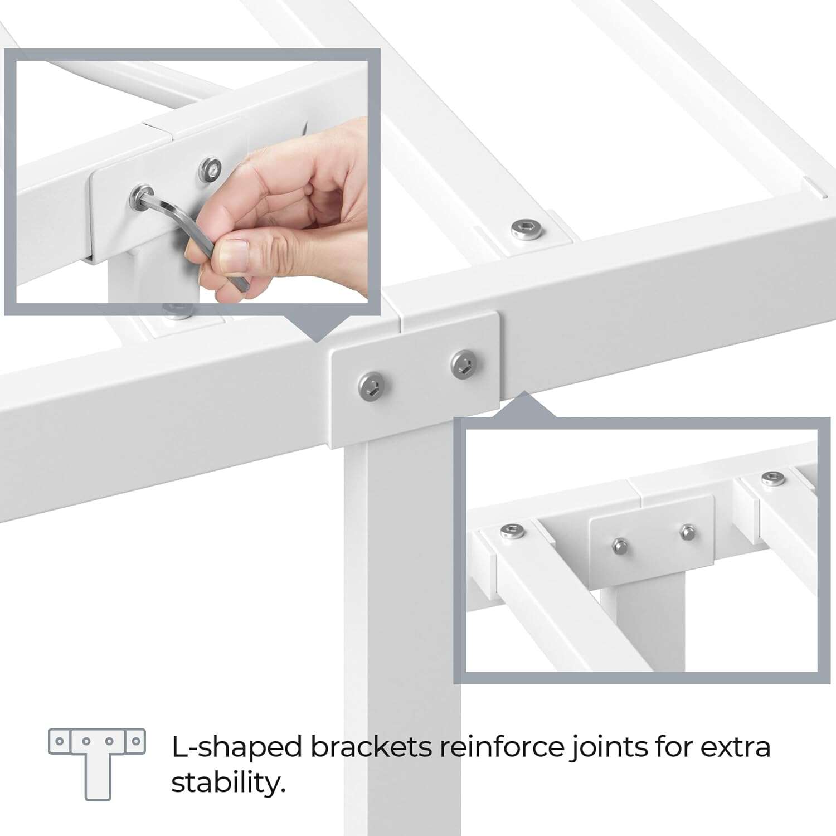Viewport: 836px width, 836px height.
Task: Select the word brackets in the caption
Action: click(371, 747)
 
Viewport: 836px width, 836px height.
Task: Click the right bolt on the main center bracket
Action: click(462, 364)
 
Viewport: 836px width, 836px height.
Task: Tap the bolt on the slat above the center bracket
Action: click(526, 228)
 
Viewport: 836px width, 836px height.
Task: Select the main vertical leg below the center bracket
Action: click(401, 613)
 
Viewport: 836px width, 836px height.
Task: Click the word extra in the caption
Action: click(735, 747)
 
